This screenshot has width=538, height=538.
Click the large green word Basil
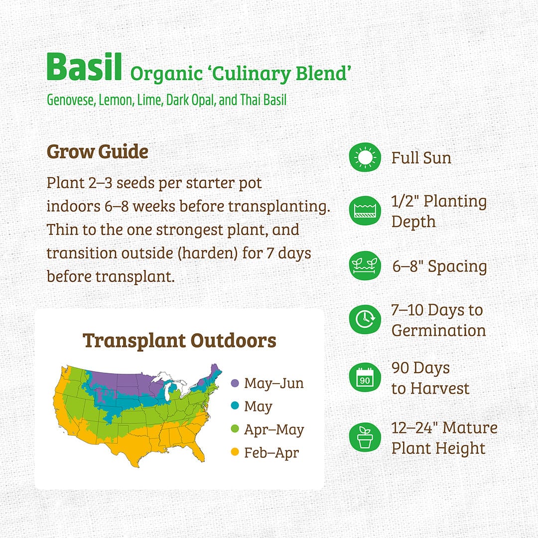point(84,67)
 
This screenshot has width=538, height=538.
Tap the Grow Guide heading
point(98,151)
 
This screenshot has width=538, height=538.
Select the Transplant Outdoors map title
point(179,341)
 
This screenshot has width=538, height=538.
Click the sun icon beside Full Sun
point(365,157)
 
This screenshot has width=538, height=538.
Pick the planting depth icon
point(365,211)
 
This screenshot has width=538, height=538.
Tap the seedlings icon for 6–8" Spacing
point(365,265)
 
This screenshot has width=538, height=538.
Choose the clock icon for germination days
point(365,319)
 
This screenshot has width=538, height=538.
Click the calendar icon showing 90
point(365,377)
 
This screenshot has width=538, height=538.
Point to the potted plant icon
point(365,437)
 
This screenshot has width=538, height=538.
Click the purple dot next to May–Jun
point(235,383)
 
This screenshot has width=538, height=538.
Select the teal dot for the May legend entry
point(235,405)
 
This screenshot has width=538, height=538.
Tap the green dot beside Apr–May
point(235,428)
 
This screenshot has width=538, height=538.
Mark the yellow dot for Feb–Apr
point(235,452)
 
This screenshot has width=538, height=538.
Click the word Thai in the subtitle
point(250,100)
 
